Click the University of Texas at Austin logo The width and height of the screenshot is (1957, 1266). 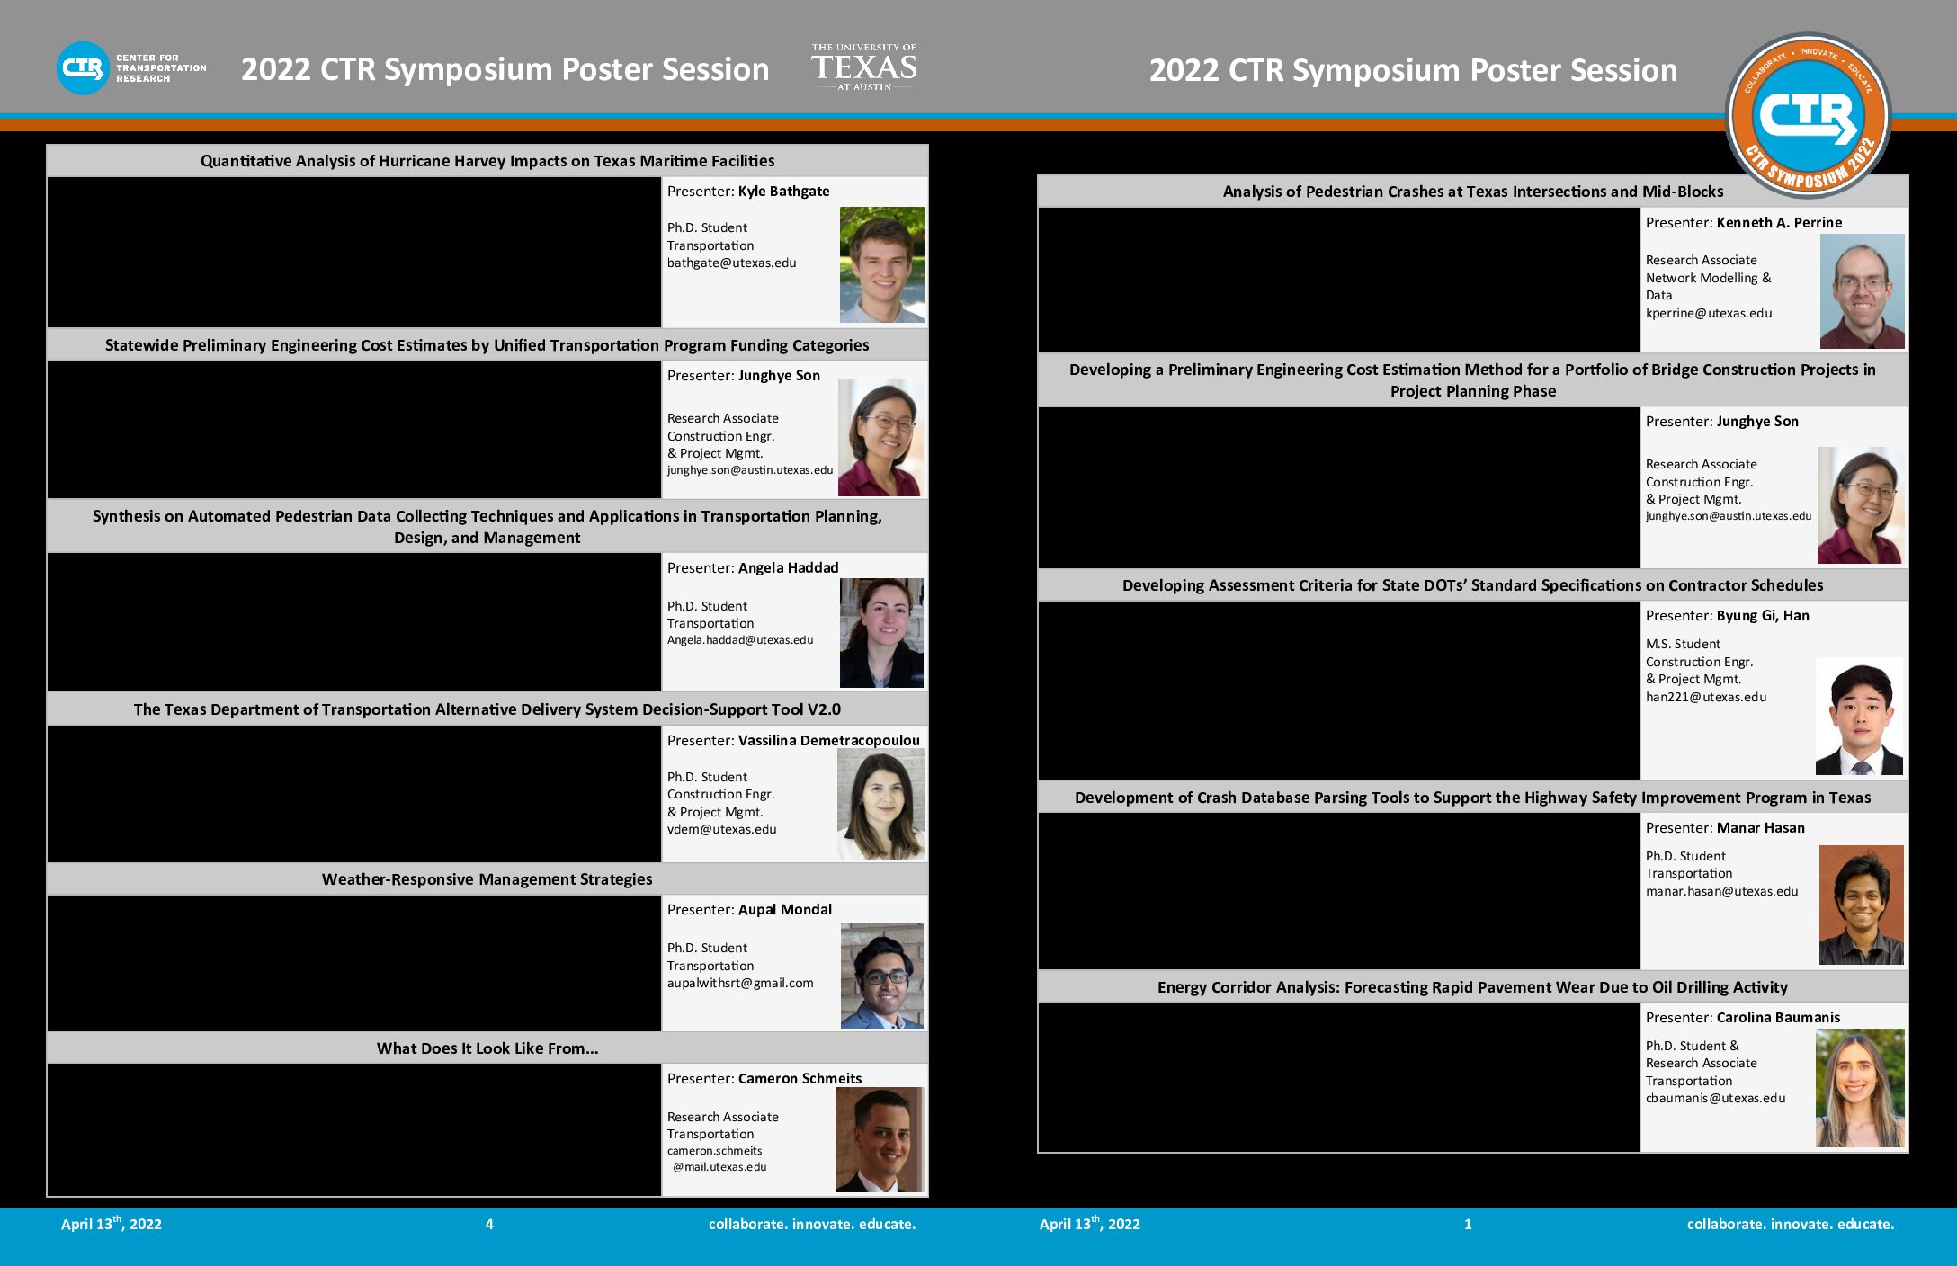click(863, 67)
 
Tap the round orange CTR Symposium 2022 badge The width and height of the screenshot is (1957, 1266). click(1808, 115)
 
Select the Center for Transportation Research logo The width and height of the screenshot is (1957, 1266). click(131, 68)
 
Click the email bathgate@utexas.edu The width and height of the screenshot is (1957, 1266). click(731, 263)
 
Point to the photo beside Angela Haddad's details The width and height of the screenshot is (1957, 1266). click(881, 633)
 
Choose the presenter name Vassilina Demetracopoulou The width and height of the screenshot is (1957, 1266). click(828, 740)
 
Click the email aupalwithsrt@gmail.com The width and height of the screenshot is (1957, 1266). click(740, 983)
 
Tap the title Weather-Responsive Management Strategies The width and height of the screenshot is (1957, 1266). click(487, 879)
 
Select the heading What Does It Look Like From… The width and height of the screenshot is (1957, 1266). click(487, 1048)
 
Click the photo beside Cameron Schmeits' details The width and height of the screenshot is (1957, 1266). click(880, 1139)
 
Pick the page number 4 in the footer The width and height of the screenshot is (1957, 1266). click(489, 1224)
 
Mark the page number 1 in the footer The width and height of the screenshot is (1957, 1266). click(1468, 1224)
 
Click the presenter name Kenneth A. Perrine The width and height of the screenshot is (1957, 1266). click(1779, 222)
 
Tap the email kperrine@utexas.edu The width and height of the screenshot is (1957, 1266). click(1709, 313)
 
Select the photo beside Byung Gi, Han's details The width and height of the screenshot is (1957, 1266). click(1859, 717)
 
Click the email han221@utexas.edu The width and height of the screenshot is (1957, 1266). click(1706, 697)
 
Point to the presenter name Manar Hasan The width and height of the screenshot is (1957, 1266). click(1760, 827)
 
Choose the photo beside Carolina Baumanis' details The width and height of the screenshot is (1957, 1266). click(1860, 1088)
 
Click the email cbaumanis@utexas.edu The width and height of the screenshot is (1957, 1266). click(1715, 1098)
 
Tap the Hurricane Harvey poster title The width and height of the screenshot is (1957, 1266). click(487, 161)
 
